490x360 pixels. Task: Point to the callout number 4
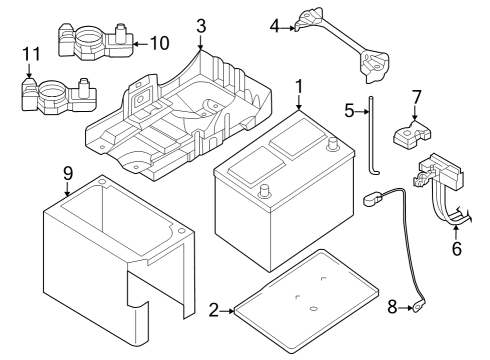coord(274,27)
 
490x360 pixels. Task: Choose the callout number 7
coord(416,97)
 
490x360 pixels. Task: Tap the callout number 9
coord(68,172)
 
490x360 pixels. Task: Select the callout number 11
coord(30,52)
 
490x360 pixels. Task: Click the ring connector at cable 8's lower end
coord(420,309)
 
